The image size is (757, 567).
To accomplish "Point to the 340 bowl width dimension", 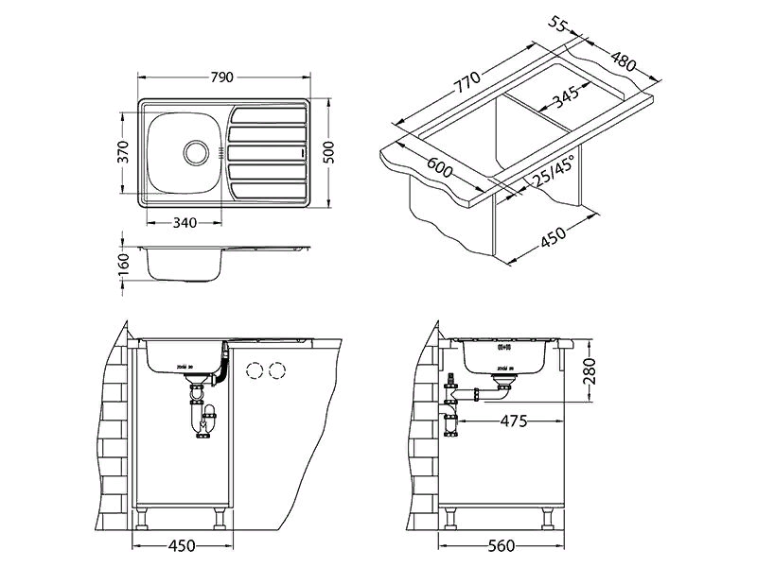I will coord(185,223).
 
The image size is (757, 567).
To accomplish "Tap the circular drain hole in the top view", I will coord(195,149).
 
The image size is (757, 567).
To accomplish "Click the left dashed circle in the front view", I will coord(254,369).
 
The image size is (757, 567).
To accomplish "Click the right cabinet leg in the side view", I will coord(548,517).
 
